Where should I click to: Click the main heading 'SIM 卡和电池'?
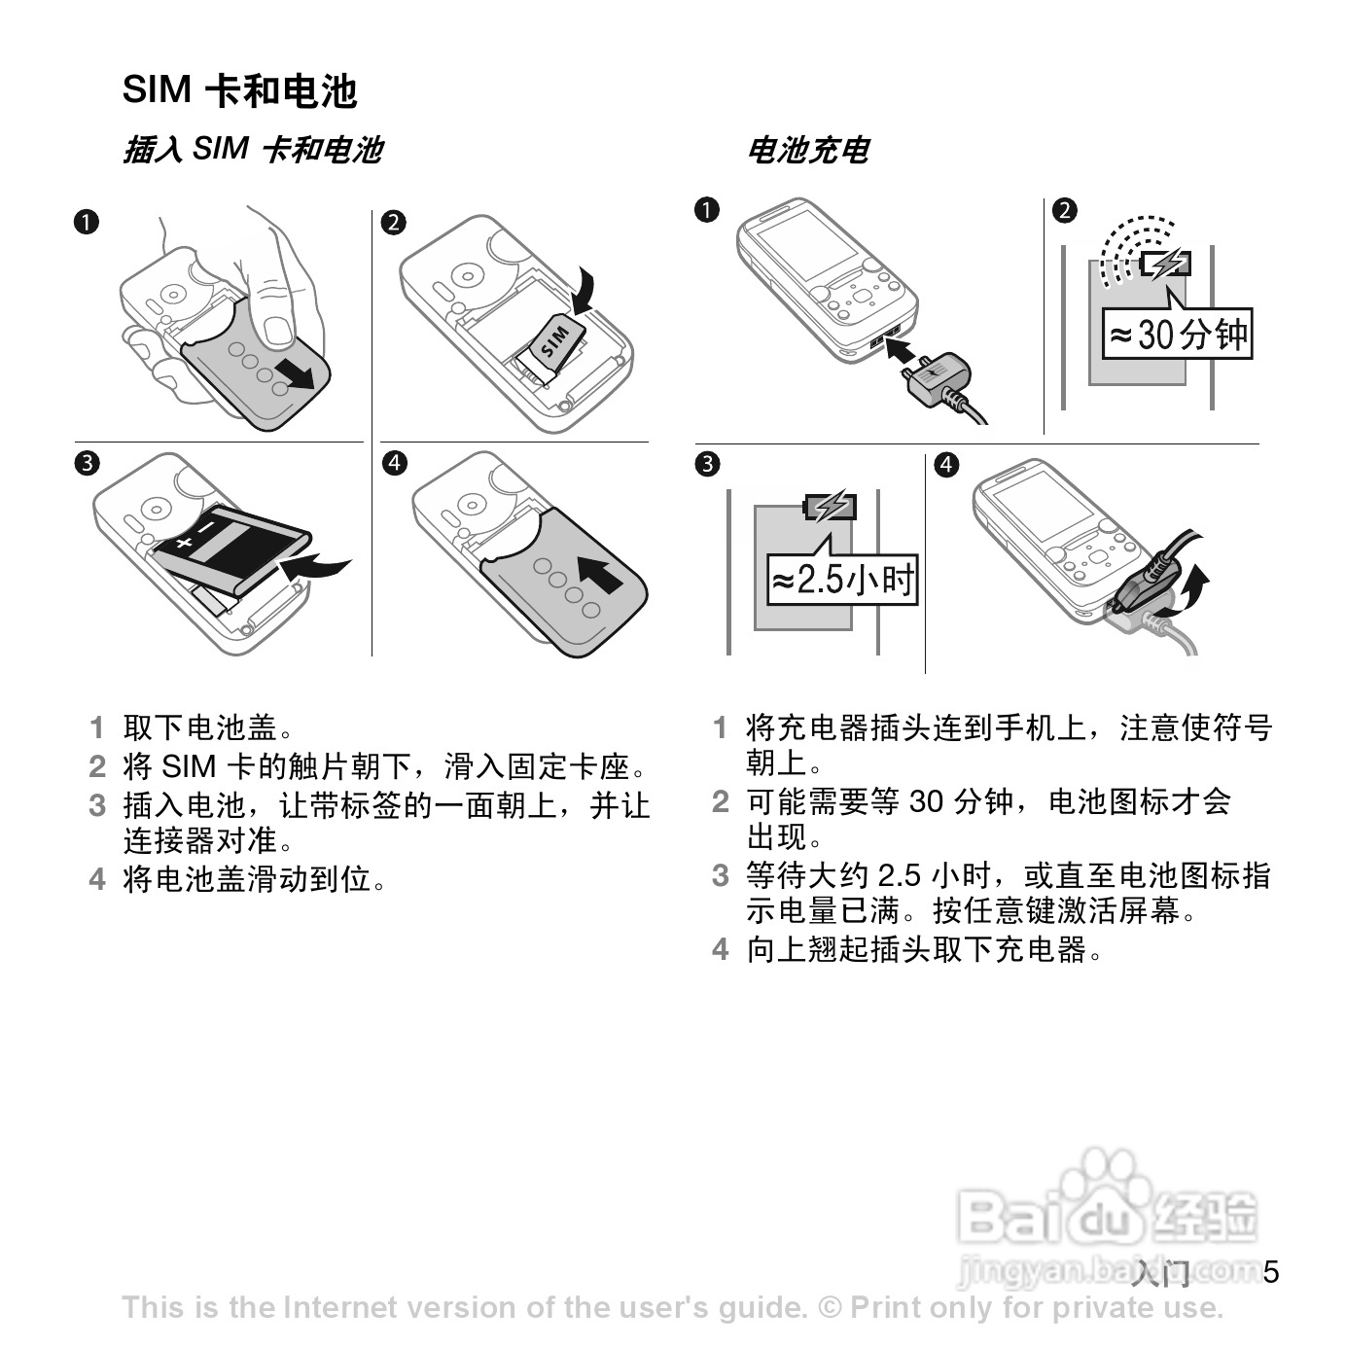(239, 90)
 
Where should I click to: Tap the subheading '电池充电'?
(808, 150)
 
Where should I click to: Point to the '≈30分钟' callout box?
(1178, 334)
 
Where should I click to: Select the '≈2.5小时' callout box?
(842, 580)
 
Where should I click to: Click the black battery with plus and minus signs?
(231, 549)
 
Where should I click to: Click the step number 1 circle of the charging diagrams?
(707, 209)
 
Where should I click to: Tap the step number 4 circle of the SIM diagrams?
(395, 463)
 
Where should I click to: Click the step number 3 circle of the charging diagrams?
(707, 464)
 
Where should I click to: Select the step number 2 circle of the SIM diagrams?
(394, 223)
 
